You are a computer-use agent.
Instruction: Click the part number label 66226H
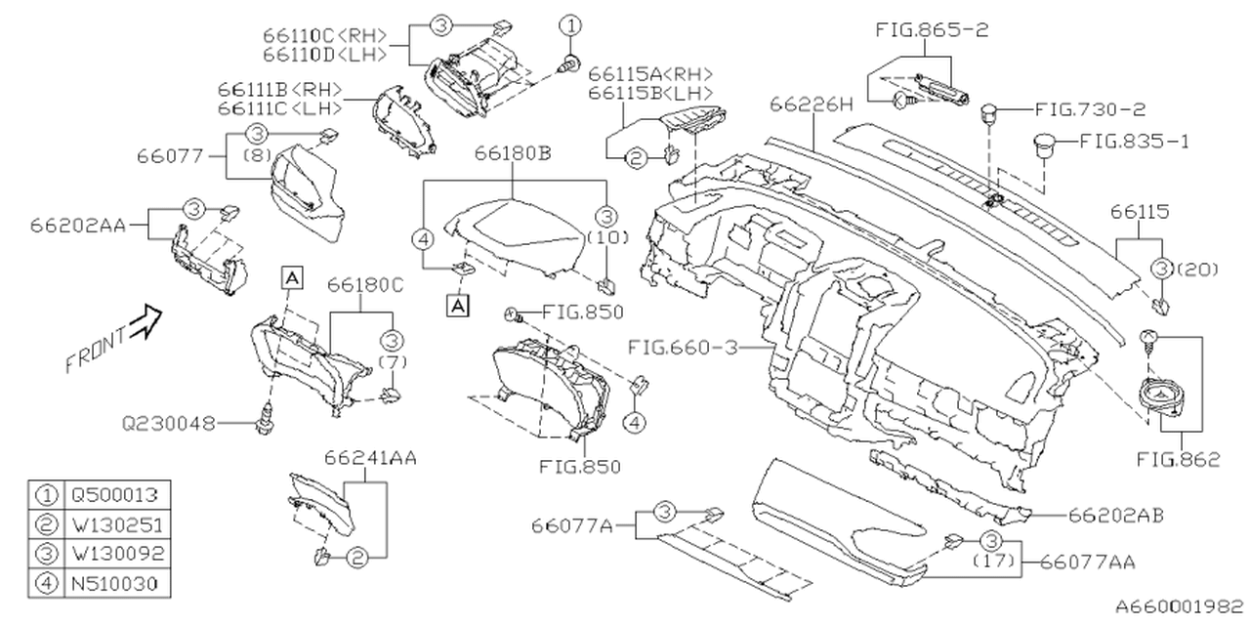(x=811, y=104)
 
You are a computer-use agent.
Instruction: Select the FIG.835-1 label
(x=1135, y=141)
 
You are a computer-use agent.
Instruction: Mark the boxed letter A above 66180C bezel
(x=291, y=277)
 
